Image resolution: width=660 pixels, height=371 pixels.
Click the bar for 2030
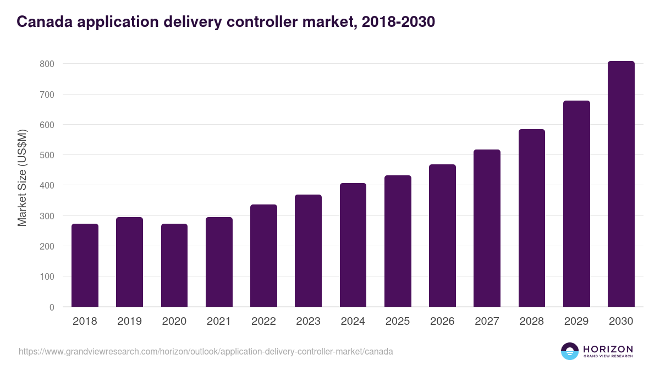pos(621,184)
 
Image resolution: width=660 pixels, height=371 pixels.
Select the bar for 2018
pos(85,265)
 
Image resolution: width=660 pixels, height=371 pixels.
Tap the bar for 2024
pos(353,245)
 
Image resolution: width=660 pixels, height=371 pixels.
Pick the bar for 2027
pos(487,228)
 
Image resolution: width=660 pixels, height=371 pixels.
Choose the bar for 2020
pos(174,265)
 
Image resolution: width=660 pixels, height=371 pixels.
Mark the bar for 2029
pos(576,204)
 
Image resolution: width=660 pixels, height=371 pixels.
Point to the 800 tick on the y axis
pos(47,64)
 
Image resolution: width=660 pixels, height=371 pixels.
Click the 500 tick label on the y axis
pos(47,155)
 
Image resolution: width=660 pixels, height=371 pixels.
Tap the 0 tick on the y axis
pos(52,307)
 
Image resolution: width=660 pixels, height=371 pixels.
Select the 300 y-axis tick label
pos(47,216)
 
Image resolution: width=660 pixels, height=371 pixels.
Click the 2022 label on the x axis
pos(263,322)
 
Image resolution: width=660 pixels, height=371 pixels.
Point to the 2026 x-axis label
pos(442,322)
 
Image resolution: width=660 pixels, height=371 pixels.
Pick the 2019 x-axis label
pos(129,322)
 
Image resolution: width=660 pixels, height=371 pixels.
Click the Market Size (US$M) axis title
pos(23,178)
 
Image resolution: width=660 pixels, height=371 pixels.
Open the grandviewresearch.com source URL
pos(206,351)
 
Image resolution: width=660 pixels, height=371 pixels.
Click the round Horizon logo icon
pos(570,351)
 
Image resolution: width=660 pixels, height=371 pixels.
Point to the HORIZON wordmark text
pos(608,348)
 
